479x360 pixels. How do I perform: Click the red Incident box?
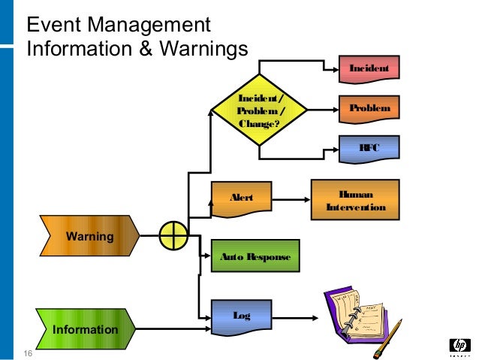[369, 69]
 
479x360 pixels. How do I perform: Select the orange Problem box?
[369, 109]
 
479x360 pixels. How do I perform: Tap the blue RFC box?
[369, 149]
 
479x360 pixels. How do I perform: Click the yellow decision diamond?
[260, 110]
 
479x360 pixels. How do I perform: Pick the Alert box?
[241, 198]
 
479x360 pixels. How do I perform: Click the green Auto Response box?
[255, 257]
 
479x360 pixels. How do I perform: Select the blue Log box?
[241, 316]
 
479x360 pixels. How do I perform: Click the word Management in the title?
[151, 26]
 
